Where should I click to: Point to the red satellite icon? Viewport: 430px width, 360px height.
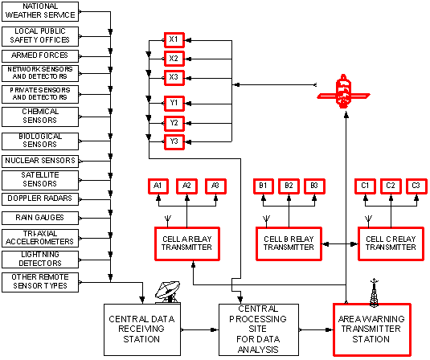coord(342,92)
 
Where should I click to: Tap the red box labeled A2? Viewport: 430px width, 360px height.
coord(186,186)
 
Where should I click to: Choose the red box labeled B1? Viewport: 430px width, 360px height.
coord(263,186)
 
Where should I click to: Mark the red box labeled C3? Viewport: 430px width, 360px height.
coord(415,186)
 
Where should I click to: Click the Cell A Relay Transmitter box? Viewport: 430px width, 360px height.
coord(186,243)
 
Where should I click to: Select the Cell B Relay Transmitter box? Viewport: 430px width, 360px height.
coord(289,243)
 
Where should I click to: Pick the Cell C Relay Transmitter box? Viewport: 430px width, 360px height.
coord(390,243)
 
